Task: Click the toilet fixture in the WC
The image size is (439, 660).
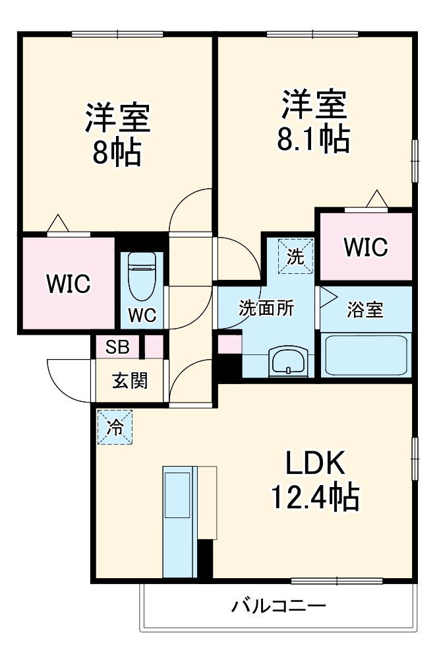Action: pos(142,276)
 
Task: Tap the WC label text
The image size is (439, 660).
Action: pos(142,315)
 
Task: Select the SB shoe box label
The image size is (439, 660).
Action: pos(117,347)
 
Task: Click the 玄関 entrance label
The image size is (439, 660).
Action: pos(129,381)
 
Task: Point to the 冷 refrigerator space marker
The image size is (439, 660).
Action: pos(115,427)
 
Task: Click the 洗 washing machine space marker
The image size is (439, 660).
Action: pos(295,256)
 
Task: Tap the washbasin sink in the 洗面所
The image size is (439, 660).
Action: pos(288,361)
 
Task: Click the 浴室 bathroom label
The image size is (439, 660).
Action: pos(365,310)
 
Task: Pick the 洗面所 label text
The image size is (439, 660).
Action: pos(266,308)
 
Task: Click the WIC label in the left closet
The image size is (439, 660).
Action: pos(69,284)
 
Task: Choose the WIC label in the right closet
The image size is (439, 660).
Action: pos(366,247)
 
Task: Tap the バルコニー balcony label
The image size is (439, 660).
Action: pos(279,606)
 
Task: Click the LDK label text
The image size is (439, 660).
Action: pos(315,463)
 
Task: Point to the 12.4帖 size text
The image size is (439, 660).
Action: pos(314,497)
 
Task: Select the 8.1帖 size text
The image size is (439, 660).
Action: pos(314,139)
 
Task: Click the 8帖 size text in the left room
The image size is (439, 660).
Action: pos(117,152)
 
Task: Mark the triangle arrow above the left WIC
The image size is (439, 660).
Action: pos(57,223)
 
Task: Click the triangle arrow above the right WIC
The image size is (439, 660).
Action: pos(377,199)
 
